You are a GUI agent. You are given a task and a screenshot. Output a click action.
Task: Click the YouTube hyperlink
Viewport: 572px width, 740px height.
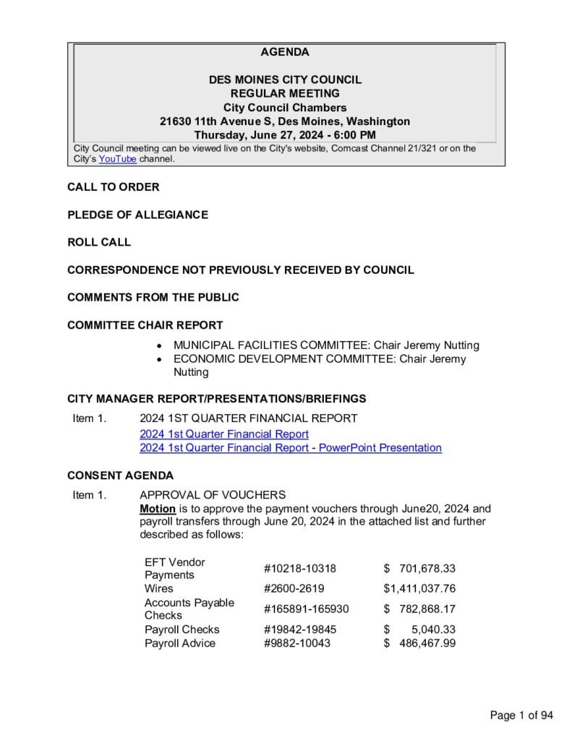[x=117, y=159]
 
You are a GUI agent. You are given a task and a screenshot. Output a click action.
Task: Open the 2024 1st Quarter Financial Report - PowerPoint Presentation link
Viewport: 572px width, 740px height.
[x=290, y=448]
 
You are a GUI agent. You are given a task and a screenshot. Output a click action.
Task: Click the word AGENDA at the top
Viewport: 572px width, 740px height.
[x=285, y=52]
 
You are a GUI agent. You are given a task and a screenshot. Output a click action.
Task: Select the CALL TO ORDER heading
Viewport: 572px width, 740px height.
[x=114, y=187]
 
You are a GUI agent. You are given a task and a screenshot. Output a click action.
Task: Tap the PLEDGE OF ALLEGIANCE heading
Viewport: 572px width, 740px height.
[x=137, y=215]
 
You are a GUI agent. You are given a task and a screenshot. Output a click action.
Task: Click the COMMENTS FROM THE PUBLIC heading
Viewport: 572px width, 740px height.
[x=153, y=297]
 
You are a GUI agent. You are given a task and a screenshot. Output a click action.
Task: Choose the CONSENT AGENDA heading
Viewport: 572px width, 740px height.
[x=120, y=476]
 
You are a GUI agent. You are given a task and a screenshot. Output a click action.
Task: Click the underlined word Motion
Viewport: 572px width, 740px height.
[x=157, y=509]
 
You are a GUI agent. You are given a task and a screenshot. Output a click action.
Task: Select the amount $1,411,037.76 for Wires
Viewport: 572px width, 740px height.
[x=419, y=589]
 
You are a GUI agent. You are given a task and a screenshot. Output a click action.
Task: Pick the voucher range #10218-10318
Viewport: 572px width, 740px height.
[x=299, y=569]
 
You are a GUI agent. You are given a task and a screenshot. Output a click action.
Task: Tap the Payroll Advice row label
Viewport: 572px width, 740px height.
[x=179, y=643]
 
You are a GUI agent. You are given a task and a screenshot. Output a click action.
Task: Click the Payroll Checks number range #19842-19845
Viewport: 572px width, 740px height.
[x=299, y=629]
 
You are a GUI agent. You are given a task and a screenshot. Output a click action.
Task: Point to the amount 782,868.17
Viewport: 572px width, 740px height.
[x=427, y=609]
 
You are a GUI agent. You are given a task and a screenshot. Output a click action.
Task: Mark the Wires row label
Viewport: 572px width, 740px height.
[x=158, y=589]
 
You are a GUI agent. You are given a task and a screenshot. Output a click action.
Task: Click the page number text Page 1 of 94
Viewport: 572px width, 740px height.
[x=521, y=715]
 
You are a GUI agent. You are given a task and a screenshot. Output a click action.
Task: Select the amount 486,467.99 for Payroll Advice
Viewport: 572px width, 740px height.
[x=427, y=643]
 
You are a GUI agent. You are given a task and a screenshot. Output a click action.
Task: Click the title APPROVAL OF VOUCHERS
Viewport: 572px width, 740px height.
[x=213, y=495]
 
